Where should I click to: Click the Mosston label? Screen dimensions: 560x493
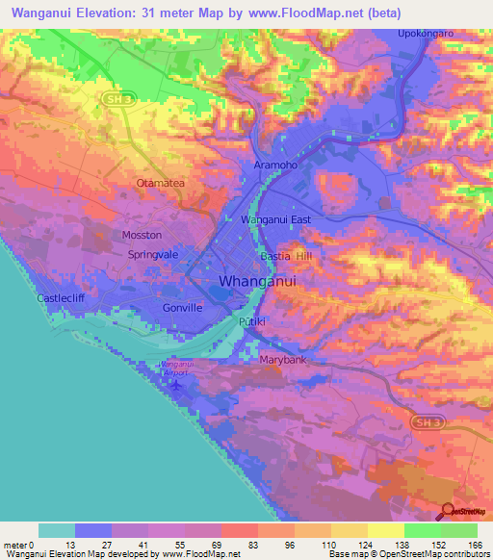click(x=142, y=235)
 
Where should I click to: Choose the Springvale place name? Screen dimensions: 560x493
click(x=156, y=255)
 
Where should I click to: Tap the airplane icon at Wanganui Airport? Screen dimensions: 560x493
click(x=174, y=385)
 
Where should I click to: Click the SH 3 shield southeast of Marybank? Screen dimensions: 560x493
click(x=424, y=422)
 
